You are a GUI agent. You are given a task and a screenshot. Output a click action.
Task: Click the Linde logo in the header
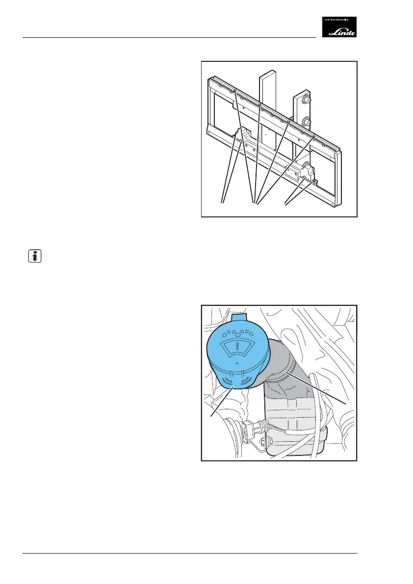click(339, 27)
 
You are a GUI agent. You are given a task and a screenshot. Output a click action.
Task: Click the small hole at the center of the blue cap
click(236, 364)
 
